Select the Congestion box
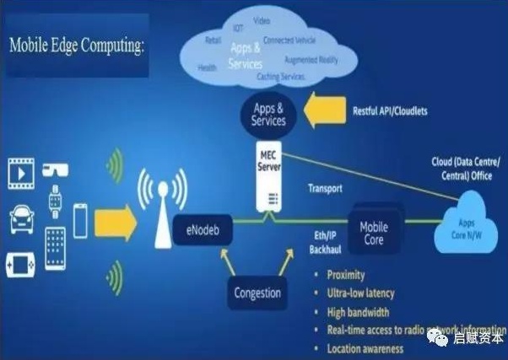(257, 292)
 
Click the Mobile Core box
(373, 234)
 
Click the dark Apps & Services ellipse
(268, 115)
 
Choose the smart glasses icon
(57, 168)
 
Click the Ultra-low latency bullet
(360, 293)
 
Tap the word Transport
(325, 189)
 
